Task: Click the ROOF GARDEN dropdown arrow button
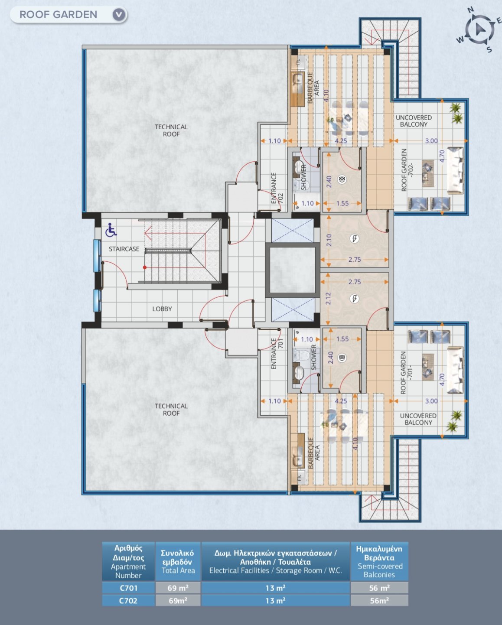pos(119,14)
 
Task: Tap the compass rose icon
pos(479,29)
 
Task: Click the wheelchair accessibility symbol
pos(111,230)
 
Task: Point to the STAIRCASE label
pos(124,249)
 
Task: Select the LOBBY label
pos(162,309)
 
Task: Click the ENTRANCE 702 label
pos(277,188)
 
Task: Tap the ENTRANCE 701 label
pos(277,353)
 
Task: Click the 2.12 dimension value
pos(328,298)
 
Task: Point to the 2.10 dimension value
pos(329,240)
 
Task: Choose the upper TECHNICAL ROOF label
pos(171,130)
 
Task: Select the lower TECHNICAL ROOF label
pos(171,410)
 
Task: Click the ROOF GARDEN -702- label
pos(407,170)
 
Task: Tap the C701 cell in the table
pos(128,588)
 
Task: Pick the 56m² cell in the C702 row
pos(379,601)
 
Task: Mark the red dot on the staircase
pos(145,267)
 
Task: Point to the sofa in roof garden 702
pos(455,170)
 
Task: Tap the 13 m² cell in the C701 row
pos(275,588)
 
